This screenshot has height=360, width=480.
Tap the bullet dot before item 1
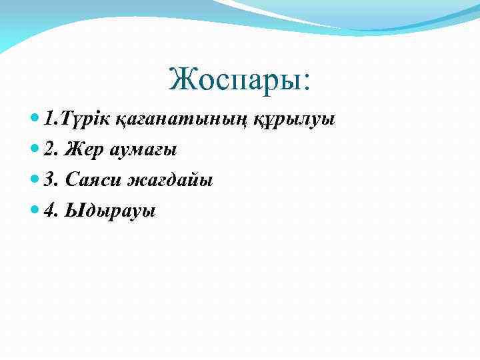tap(35, 119)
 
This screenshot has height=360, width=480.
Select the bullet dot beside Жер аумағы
tap(35, 150)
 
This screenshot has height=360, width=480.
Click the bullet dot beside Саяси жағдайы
tap(35, 181)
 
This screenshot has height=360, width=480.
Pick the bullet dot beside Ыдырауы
tap(35, 211)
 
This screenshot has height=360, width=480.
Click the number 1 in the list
tap(48, 119)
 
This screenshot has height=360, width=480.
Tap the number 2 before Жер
tap(49, 150)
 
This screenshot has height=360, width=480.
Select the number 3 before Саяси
tap(49, 181)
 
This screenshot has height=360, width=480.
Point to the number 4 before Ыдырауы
tap(49, 211)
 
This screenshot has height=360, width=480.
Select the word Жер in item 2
tap(80, 151)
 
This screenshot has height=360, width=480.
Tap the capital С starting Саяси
tap(71, 181)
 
